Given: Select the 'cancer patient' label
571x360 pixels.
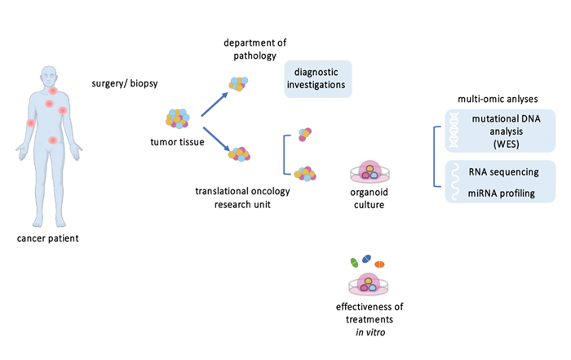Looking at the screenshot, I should (x=49, y=238).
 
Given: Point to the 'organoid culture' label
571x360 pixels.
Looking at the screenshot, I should (x=371, y=199).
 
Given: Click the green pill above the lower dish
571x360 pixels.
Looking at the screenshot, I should (x=354, y=263).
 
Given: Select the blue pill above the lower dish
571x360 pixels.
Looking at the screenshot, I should (x=367, y=259).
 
